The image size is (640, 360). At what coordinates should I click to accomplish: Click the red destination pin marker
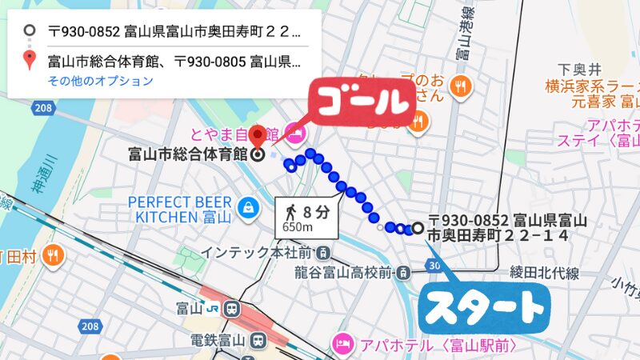[257, 134]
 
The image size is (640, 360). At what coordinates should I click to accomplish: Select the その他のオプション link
[100, 81]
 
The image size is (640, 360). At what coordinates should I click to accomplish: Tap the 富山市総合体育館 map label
[187, 154]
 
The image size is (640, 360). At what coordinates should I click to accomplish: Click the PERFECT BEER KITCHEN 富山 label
[181, 208]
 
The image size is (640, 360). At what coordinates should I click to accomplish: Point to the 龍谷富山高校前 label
[342, 273]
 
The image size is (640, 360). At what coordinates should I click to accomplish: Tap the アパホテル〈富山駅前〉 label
[432, 345]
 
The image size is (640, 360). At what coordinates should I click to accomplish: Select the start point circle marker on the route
[417, 228]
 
